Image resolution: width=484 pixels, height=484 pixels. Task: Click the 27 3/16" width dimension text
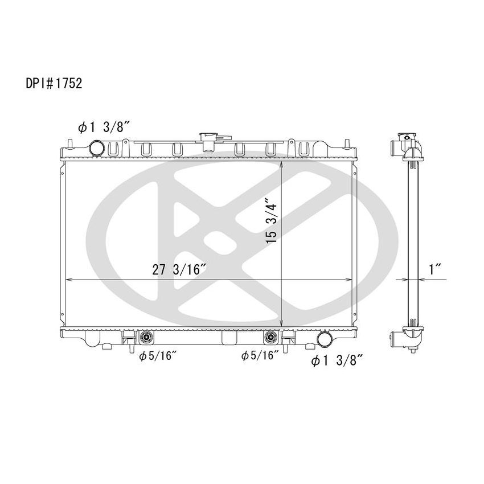click(x=179, y=270)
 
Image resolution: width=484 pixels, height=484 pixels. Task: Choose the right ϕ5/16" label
click(x=260, y=356)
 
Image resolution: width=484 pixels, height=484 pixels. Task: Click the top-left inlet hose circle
click(x=97, y=148)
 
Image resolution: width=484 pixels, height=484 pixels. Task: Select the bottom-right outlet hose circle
click(x=325, y=339)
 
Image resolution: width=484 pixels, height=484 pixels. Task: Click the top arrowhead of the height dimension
click(x=283, y=165)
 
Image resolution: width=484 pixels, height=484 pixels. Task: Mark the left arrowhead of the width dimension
click(x=69, y=280)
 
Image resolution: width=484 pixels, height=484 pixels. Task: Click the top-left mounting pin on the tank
click(x=68, y=142)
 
